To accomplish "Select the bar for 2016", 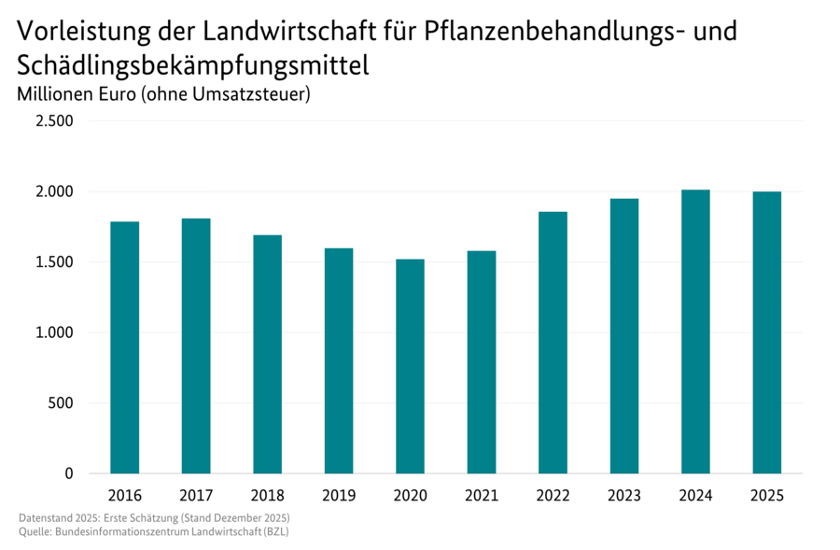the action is [124, 347].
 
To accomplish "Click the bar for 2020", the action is [410, 366].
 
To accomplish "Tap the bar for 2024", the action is [695, 331].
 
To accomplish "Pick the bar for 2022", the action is [553, 343].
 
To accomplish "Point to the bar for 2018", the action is [267, 354].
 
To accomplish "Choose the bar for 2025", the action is [766, 332].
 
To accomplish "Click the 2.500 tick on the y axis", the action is [55, 121].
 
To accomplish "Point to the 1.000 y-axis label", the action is [55, 333].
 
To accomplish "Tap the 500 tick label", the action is [61, 403].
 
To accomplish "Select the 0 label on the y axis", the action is [68, 474].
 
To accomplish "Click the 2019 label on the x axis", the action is [339, 494].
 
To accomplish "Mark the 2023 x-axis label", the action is [624, 494].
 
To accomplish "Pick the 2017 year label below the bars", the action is [196, 494].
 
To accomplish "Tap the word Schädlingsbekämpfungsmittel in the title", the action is [192, 65].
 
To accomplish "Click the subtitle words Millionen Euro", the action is [77, 94].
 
